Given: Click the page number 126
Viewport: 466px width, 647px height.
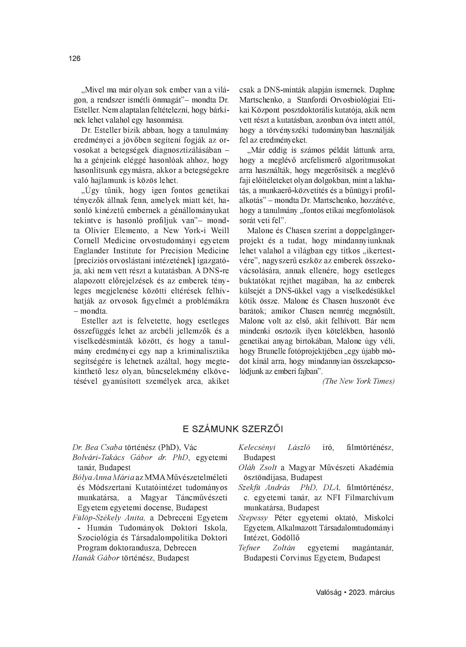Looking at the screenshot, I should (x=75, y=59).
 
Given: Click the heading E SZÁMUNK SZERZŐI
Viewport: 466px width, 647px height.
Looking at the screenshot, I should (x=233, y=429).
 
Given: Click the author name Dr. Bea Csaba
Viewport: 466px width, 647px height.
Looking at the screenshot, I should (x=97, y=447).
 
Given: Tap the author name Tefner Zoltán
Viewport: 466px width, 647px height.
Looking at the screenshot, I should (x=266, y=548).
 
